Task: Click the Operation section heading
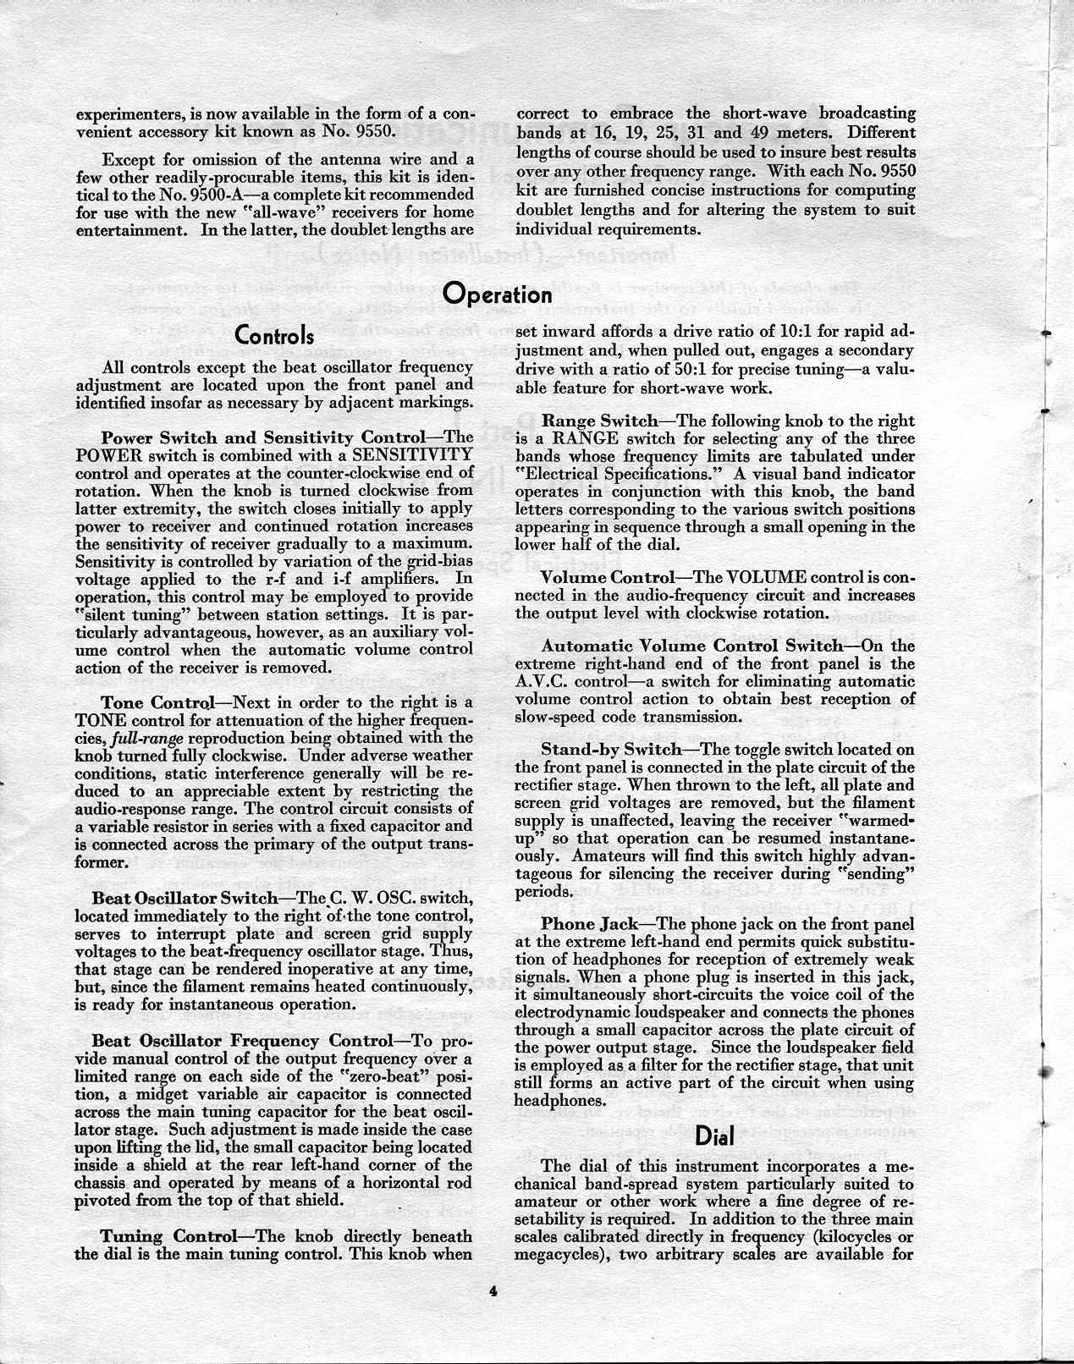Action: click(498, 294)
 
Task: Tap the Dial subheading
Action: click(714, 1136)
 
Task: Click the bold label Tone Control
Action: click(155, 702)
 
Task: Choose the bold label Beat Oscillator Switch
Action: click(176, 897)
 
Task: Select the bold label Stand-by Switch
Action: click(611, 750)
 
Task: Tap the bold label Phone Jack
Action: click(593, 924)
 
